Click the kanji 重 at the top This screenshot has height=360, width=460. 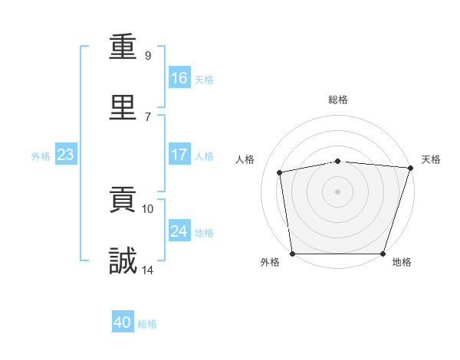123,46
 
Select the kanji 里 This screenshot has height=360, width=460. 123,107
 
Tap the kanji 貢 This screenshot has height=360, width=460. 123,199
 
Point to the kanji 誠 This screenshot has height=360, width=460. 123,260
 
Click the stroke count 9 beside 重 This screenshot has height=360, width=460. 148,55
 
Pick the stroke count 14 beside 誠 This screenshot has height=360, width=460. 147,270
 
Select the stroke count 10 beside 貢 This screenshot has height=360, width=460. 147,209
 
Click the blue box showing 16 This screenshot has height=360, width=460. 179,77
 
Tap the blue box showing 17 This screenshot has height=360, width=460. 179,154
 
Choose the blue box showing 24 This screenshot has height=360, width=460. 179,230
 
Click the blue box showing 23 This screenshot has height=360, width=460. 66,154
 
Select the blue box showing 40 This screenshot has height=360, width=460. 123,321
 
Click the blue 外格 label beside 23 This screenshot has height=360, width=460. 41,156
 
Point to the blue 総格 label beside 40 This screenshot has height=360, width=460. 147,324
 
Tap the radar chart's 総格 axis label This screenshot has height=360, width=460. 338,100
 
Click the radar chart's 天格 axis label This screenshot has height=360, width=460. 431,159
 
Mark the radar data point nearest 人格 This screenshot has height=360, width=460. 279,172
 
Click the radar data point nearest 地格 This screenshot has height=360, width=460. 383,254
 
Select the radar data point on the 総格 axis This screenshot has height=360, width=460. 338,162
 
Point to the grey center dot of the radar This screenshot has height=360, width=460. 337,191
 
